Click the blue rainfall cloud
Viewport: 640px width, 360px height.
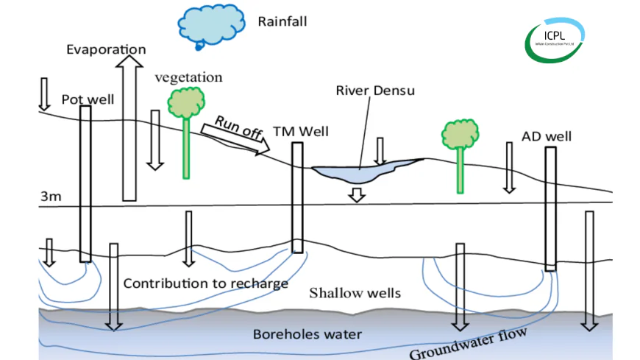[x=211, y=25]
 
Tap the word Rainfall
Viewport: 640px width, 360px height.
[x=282, y=21]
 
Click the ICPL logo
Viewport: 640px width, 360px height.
[x=555, y=40]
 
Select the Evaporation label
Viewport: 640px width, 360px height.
[x=106, y=50]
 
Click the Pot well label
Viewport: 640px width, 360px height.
[x=88, y=99]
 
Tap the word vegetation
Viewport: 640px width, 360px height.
[x=188, y=77]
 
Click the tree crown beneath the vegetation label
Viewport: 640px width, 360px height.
[x=185, y=102]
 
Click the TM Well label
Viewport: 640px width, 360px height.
[x=301, y=132]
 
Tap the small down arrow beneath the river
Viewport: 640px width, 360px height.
[x=357, y=194]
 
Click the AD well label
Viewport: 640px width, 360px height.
[x=546, y=136]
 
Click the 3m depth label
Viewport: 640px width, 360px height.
[x=50, y=197]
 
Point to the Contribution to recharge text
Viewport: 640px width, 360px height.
[x=205, y=283]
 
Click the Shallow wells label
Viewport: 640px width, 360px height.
[x=355, y=293]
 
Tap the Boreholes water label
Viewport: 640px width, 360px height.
[x=307, y=334]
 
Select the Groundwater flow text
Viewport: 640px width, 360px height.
[x=468, y=344]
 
